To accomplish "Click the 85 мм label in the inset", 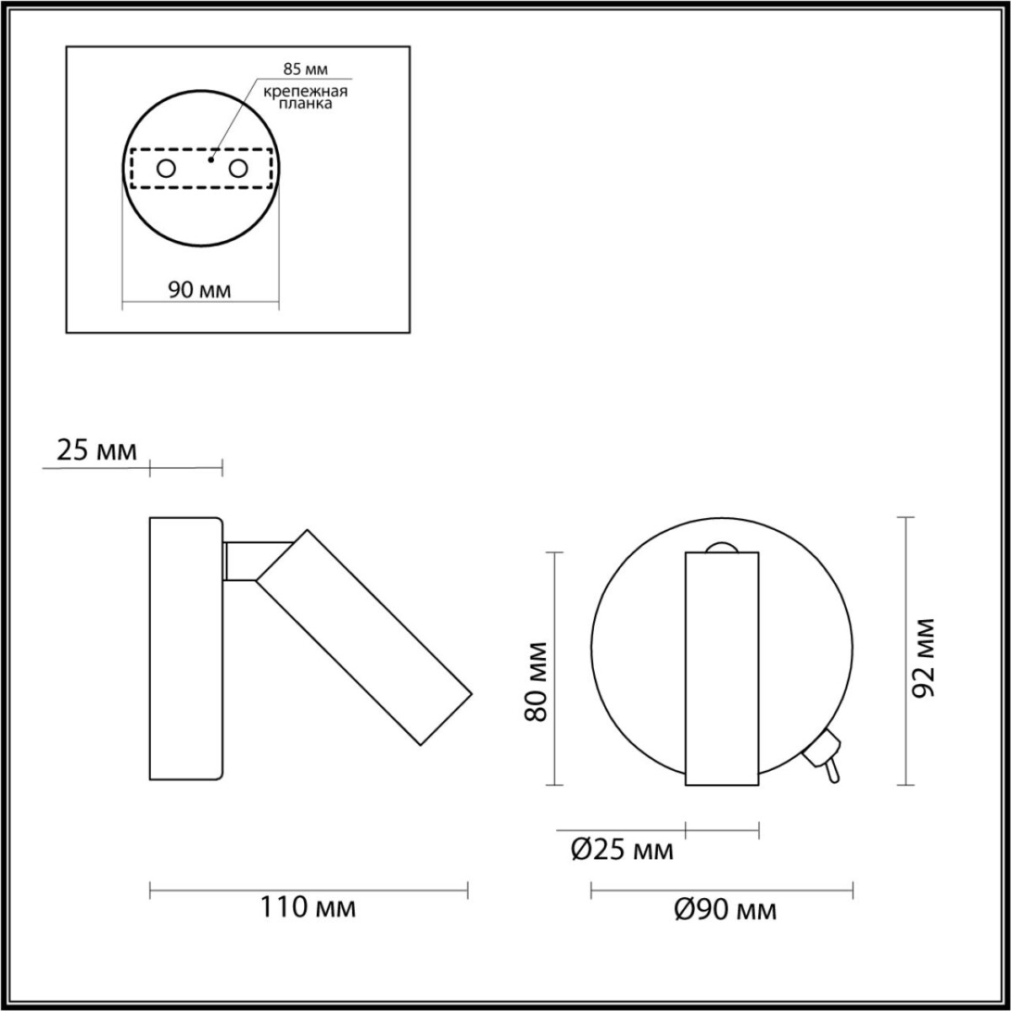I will tap(305, 68).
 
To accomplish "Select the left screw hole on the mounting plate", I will tap(166, 168).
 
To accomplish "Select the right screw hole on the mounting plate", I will tap(239, 168).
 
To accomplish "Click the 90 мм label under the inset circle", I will tap(200, 290).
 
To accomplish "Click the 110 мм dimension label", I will tap(308, 908).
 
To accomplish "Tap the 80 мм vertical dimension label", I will tap(537, 682).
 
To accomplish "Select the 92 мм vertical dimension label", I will tap(924, 658).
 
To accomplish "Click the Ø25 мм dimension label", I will tap(622, 850).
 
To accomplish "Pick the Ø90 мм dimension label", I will tap(725, 910).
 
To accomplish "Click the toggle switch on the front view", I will tap(824, 754).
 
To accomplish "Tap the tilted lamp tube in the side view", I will tap(364, 638).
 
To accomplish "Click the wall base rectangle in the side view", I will tap(185, 648).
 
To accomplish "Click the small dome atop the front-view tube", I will tap(722, 547).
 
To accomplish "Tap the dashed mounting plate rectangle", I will tap(201, 149).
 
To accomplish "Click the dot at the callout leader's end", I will tap(211, 157).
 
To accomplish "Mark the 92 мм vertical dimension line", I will tap(905, 650).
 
